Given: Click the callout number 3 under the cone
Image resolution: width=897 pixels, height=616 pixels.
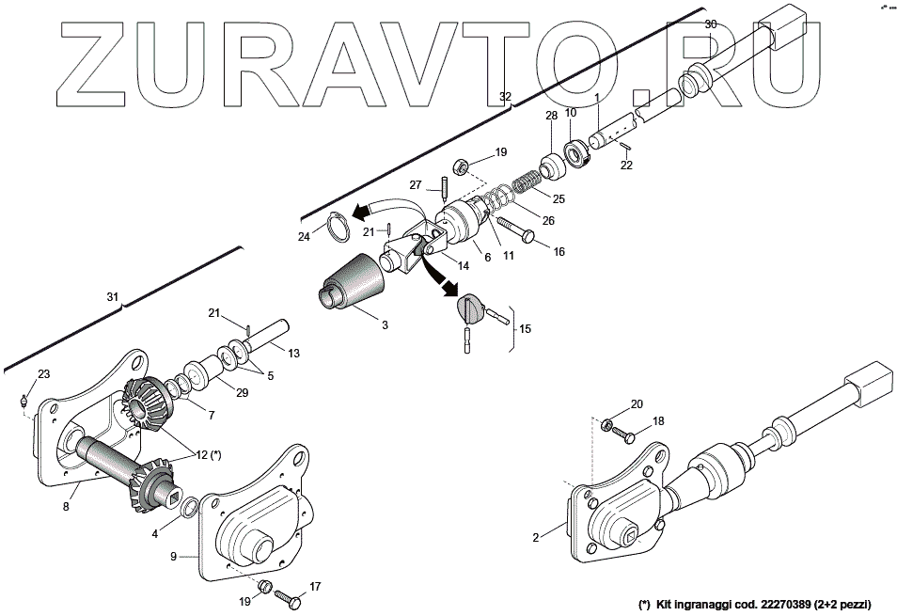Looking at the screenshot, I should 384,324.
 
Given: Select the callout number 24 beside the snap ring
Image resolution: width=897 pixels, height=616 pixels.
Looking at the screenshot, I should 304,237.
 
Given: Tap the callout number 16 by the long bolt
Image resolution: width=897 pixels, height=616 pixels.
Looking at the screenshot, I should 559,252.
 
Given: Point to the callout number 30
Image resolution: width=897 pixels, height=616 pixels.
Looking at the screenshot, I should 710,24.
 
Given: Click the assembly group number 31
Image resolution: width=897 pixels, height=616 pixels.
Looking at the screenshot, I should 113,297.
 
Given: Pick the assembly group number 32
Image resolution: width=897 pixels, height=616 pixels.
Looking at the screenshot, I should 505,97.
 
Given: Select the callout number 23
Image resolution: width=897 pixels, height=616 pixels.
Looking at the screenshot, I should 43,373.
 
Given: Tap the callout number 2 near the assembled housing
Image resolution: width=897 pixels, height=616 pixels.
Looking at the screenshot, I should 535,538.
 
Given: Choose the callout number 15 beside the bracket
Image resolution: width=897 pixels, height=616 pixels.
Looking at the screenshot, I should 525,328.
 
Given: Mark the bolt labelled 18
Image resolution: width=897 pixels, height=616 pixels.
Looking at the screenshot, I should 629,437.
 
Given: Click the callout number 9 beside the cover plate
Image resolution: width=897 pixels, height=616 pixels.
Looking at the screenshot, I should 172,556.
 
